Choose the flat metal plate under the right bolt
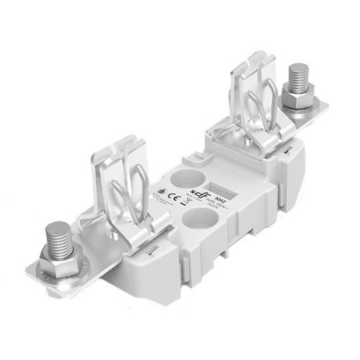coord(308,116)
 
